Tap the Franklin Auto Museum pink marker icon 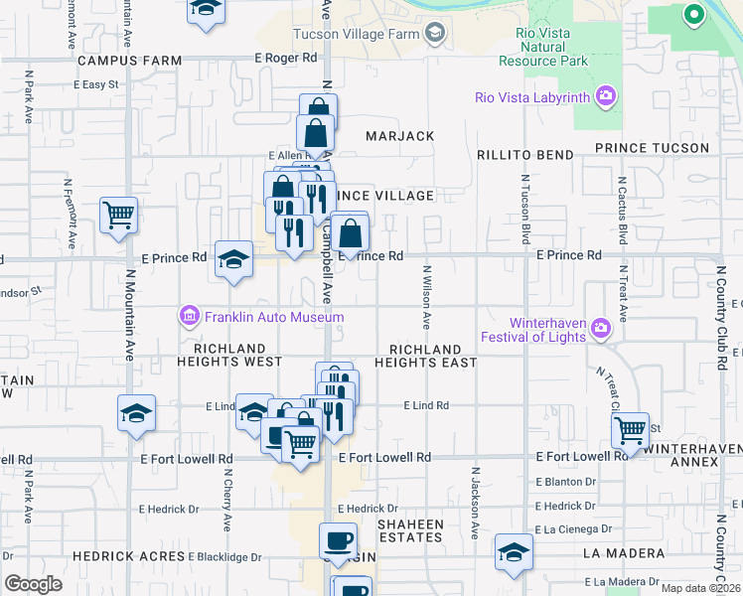tap(188, 317)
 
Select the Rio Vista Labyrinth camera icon tap(605, 97)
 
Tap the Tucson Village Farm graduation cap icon tap(434, 35)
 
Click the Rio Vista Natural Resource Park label tap(543, 47)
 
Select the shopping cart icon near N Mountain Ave tap(118, 215)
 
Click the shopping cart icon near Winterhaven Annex tap(630, 430)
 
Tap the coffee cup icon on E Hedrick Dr tap(338, 540)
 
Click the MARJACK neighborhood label tap(399, 136)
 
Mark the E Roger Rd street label tap(285, 59)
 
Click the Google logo tap(33, 584)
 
